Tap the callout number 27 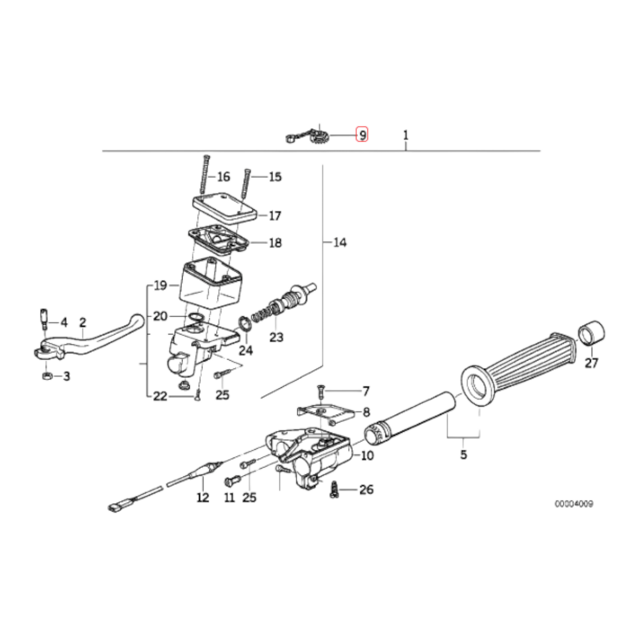click(x=591, y=363)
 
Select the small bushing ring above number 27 click(x=592, y=333)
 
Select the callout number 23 click(x=276, y=337)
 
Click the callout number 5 click(x=464, y=454)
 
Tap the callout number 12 click(x=203, y=497)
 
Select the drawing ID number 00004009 click(x=574, y=504)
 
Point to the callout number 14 click(x=340, y=242)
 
